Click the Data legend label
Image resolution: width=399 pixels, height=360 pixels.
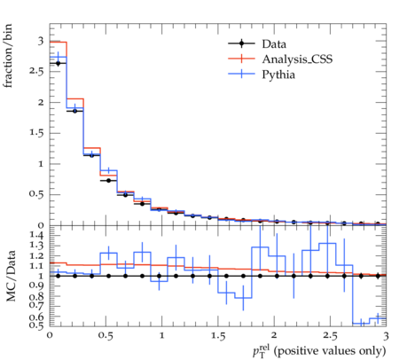[x=274, y=44]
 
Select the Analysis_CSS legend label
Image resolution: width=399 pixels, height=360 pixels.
[x=297, y=59]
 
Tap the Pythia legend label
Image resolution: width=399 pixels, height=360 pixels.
[x=278, y=74]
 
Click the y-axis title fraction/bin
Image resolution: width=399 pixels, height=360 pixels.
[x=8, y=56]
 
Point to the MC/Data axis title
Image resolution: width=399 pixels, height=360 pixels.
[x=11, y=276]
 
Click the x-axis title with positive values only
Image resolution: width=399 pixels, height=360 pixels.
[x=319, y=351]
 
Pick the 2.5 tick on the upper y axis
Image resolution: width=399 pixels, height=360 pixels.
[x=36, y=72]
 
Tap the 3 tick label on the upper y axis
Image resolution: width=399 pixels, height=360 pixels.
[x=41, y=41]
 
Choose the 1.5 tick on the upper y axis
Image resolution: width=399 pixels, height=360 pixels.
[x=36, y=133]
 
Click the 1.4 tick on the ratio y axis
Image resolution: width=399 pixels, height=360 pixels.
[x=36, y=235]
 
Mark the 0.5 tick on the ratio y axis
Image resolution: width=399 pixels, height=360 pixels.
[x=36, y=325]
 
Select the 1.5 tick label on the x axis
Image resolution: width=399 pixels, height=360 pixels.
[x=218, y=336]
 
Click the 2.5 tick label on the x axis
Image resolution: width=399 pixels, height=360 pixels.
[x=330, y=336]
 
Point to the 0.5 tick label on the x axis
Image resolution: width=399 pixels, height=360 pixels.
[x=106, y=336]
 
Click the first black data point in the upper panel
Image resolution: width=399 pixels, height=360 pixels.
[x=58, y=63]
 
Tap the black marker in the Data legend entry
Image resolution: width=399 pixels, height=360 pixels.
[x=241, y=43]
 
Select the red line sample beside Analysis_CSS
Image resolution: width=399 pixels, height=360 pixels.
[x=241, y=59]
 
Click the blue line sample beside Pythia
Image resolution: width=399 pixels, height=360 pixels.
[x=241, y=74]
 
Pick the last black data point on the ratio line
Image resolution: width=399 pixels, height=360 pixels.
[x=378, y=276]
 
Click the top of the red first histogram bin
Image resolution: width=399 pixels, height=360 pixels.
[x=58, y=42]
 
